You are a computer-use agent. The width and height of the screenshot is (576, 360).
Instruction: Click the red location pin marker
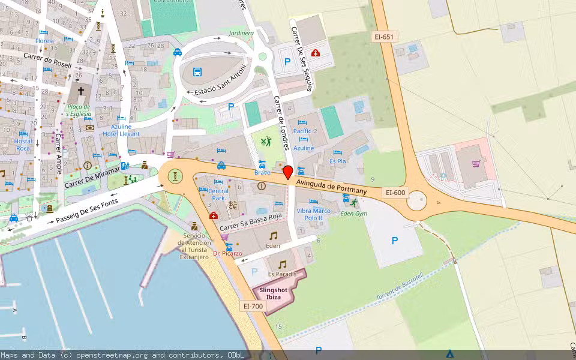coord(288,172)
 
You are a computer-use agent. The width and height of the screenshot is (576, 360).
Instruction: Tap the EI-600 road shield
coord(396,193)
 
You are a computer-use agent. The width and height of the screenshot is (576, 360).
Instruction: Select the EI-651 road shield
coord(383,37)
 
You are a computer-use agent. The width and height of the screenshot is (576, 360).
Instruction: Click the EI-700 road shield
coord(253,306)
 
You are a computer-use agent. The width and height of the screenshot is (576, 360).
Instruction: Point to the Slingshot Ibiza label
coord(273,293)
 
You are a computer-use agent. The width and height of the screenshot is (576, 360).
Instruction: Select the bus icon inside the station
coord(197,73)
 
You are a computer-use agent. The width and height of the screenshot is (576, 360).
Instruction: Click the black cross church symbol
coord(81,92)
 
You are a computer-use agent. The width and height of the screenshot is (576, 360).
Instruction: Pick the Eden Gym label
coord(353,214)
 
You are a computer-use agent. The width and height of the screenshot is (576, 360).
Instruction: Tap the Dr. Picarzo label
coord(227,254)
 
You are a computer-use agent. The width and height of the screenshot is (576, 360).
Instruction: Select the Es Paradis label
coord(282,274)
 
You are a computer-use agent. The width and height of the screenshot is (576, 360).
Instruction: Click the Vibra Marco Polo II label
coord(313,214)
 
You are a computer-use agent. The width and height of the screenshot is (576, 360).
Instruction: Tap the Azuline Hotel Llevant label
coord(125,130)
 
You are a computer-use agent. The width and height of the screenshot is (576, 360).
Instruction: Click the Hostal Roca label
coord(23,145)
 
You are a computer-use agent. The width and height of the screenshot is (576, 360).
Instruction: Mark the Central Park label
coord(218,194)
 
